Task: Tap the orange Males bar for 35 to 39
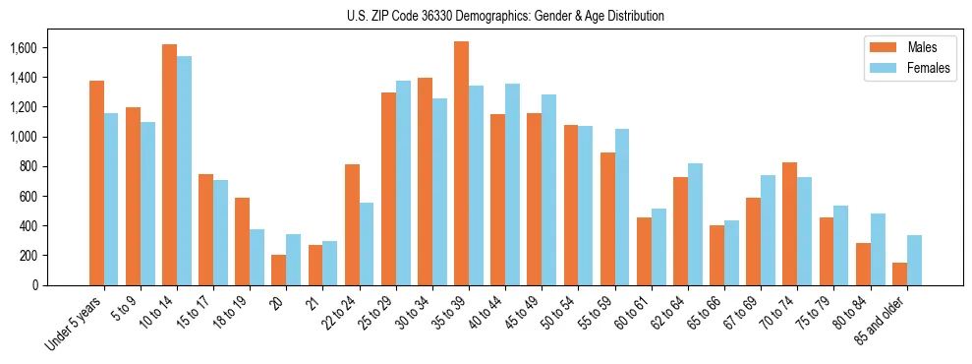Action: [461, 163]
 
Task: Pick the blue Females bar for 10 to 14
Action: [184, 170]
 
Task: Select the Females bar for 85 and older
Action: [914, 260]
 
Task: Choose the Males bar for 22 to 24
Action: [352, 224]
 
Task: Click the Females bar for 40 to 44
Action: [512, 184]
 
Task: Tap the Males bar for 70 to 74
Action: [789, 223]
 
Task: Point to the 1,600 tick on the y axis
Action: [23, 48]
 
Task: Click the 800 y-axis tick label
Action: [29, 166]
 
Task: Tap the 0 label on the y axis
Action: [34, 285]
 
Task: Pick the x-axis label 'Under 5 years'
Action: [76, 322]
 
